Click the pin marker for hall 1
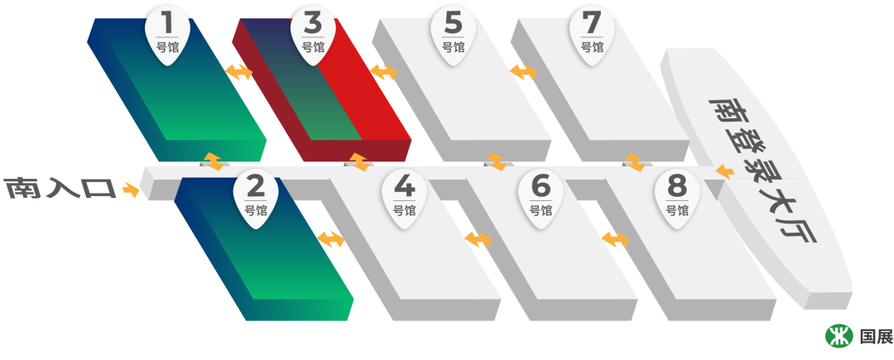[x=167, y=33]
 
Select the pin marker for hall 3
[x=313, y=33]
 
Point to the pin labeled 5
[x=453, y=33]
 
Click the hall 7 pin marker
[x=592, y=33]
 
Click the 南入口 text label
[x=60, y=189]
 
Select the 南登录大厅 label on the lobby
[x=762, y=170]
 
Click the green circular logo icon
[x=839, y=336]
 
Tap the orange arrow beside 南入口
[x=131, y=190]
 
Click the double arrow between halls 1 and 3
[x=239, y=72]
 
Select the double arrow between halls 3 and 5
[x=383, y=72]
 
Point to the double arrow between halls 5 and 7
[x=523, y=72]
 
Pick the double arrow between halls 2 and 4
[x=330, y=239]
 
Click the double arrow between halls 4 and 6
[x=478, y=239]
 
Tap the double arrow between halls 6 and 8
[x=615, y=239]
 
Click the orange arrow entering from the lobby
[x=724, y=172]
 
